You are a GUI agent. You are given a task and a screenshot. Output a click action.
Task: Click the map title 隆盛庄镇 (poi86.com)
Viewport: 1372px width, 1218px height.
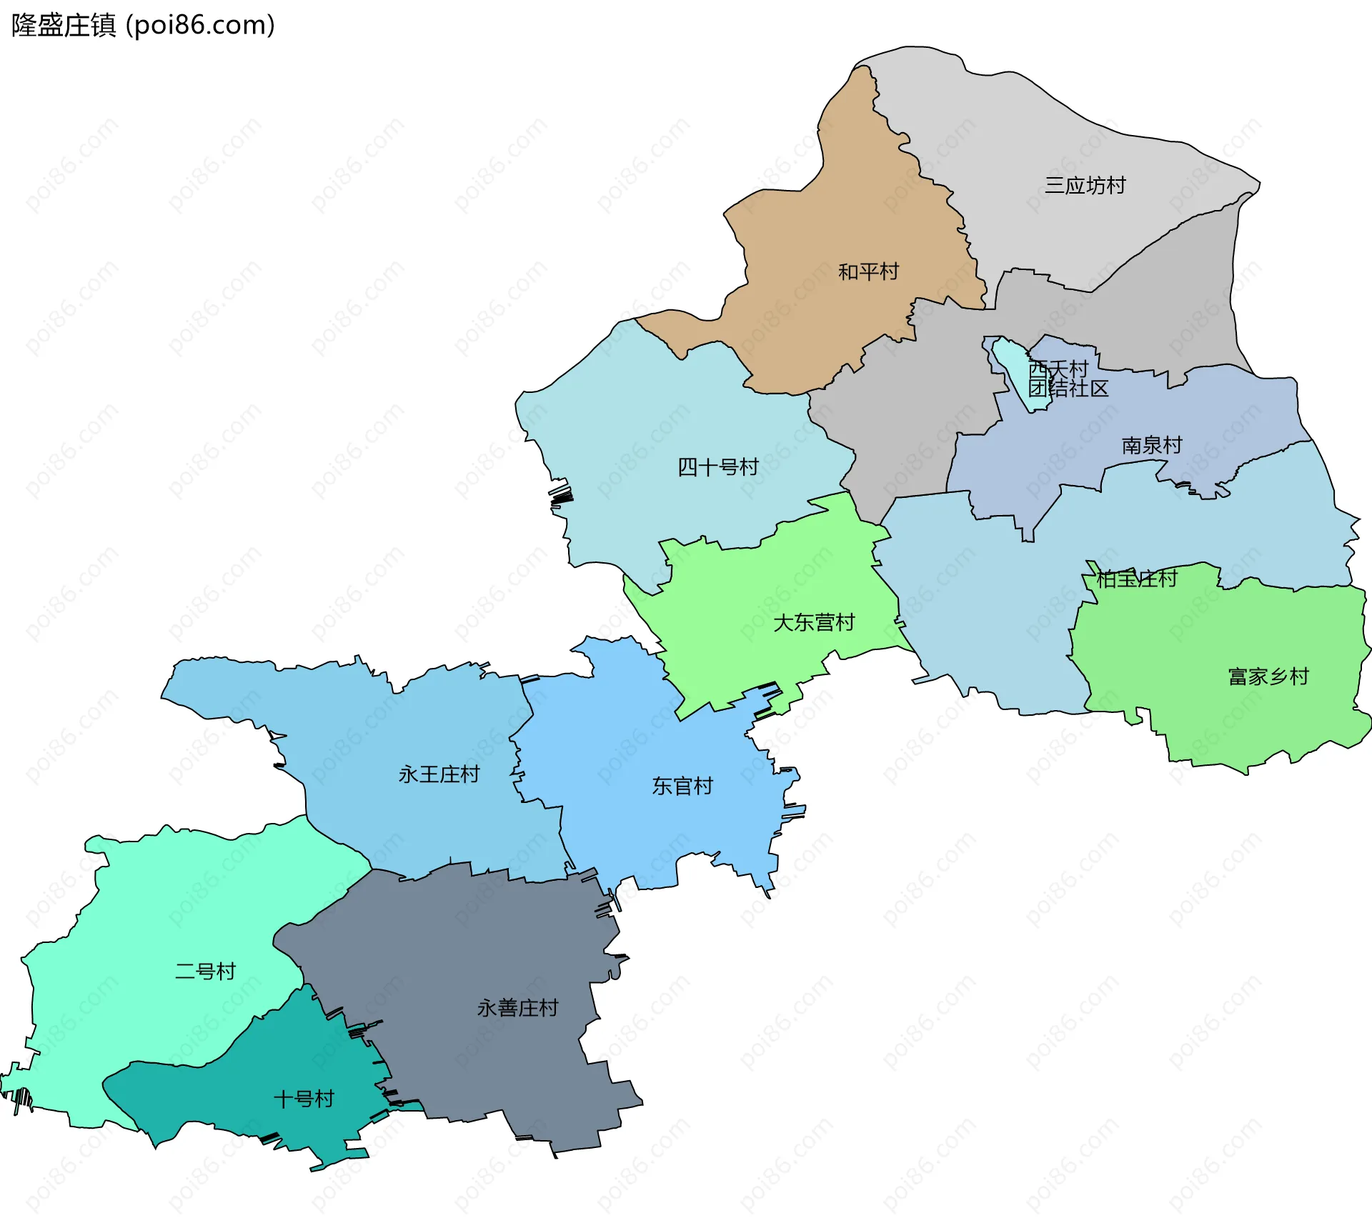click(x=143, y=26)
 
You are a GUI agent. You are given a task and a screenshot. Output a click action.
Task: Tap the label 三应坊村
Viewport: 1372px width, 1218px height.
click(x=1085, y=186)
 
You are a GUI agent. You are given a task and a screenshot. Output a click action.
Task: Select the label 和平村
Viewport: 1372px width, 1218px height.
click(x=868, y=272)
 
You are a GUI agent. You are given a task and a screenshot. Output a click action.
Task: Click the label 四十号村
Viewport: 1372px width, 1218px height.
click(x=717, y=467)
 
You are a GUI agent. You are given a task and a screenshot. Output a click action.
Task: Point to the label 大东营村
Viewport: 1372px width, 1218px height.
click(x=814, y=623)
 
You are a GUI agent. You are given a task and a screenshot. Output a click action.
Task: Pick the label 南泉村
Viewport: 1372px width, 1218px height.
click(x=1152, y=446)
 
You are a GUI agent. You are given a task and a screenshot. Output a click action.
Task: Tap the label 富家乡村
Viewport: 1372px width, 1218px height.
click(x=1268, y=677)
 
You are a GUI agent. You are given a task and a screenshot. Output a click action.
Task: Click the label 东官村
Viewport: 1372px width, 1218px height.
click(x=682, y=787)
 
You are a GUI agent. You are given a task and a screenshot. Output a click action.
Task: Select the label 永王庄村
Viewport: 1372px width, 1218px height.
click(x=439, y=774)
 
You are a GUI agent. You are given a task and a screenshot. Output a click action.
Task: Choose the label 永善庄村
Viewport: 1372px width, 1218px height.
click(x=517, y=1008)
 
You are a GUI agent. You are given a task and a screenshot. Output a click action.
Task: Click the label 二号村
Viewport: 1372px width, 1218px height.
click(x=205, y=972)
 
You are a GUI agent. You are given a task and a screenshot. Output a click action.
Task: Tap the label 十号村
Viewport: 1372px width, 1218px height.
click(x=304, y=1099)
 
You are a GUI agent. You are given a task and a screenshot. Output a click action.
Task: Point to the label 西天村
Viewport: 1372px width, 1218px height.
click(x=1059, y=369)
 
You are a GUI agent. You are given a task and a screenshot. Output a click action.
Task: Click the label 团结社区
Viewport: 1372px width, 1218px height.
click(x=1069, y=389)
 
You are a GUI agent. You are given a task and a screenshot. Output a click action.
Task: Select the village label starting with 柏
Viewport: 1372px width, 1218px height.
click(x=1137, y=579)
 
